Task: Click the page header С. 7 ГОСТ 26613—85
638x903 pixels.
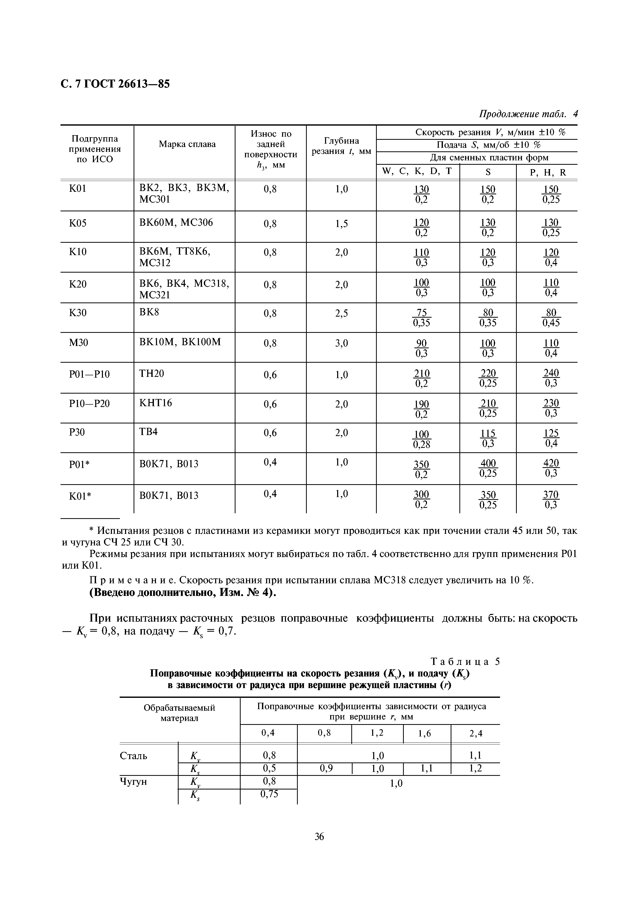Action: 115,84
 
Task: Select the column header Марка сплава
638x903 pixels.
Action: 187,144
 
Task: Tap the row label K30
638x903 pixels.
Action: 78,313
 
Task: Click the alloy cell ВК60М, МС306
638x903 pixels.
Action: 176,223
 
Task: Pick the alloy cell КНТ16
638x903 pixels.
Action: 156,403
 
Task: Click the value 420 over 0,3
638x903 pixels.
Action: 551,468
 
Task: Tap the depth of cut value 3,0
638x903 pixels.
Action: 341,343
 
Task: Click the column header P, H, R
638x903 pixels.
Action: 548,172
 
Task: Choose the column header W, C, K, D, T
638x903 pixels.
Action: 417,171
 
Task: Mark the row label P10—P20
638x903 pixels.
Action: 90,404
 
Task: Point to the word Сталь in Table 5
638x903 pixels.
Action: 134,756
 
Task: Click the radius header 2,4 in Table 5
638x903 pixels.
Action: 476,733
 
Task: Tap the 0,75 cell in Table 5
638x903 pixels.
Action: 269,794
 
